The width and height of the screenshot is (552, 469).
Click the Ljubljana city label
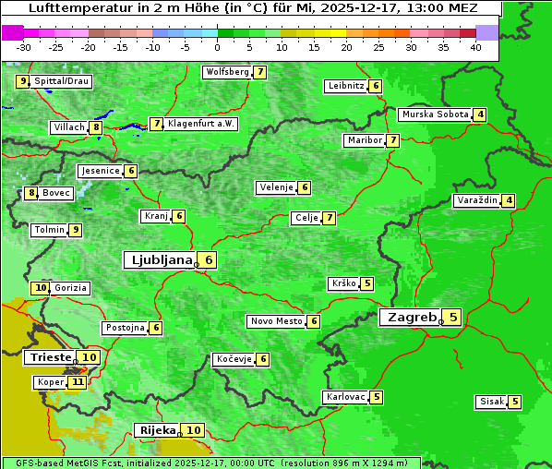(159, 260)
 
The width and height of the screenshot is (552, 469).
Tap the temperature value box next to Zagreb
(453, 318)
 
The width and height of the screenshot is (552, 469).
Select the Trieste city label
(50, 357)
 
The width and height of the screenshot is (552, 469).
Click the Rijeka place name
(157, 430)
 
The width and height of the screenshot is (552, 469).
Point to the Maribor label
(363, 140)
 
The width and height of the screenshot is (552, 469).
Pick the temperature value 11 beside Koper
(78, 382)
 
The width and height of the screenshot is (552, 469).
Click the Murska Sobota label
(434, 114)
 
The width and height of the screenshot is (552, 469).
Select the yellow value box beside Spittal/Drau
(23, 81)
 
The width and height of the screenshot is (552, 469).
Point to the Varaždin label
(476, 200)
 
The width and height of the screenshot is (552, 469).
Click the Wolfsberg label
(227, 72)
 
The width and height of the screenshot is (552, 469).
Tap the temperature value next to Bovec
(31, 193)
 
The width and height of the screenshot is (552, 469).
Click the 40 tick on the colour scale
(475, 47)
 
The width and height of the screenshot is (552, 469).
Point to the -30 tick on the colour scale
(24, 47)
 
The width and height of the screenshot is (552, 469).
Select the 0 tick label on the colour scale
(218, 47)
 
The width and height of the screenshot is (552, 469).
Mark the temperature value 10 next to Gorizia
(40, 288)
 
